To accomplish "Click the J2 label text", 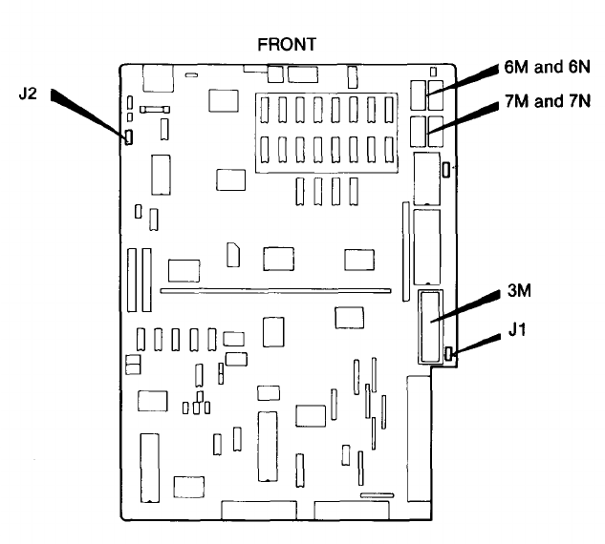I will pyautogui.click(x=28, y=94).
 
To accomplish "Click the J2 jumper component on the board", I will pyautogui.click(x=126, y=137).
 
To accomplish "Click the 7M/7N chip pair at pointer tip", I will pyautogui.click(x=427, y=131).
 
